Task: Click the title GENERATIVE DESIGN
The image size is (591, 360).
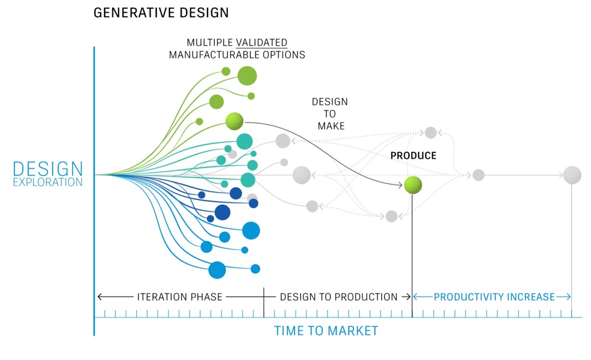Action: click(x=161, y=13)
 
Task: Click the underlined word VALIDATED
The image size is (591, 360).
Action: click(x=262, y=42)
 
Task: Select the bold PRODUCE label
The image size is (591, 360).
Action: click(x=413, y=156)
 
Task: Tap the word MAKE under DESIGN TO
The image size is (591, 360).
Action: click(x=331, y=126)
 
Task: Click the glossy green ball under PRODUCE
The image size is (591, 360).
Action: click(x=413, y=185)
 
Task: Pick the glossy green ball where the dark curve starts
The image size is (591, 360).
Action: click(x=234, y=122)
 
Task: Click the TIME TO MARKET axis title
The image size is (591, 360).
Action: click(x=326, y=331)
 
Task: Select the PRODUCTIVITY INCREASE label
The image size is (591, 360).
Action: click(x=494, y=297)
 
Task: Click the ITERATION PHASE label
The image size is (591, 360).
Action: click(x=179, y=297)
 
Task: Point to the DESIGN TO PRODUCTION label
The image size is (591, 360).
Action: click(x=339, y=297)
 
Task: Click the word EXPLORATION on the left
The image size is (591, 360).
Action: click(x=48, y=183)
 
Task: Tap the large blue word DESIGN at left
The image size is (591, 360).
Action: click(x=48, y=169)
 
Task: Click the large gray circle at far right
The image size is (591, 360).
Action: click(x=572, y=175)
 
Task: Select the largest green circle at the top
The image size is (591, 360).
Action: click(x=247, y=76)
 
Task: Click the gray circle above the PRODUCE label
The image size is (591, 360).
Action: click(x=430, y=133)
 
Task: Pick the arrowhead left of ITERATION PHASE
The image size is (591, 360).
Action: click(x=99, y=297)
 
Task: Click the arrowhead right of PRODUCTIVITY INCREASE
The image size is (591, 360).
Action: click(x=568, y=297)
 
